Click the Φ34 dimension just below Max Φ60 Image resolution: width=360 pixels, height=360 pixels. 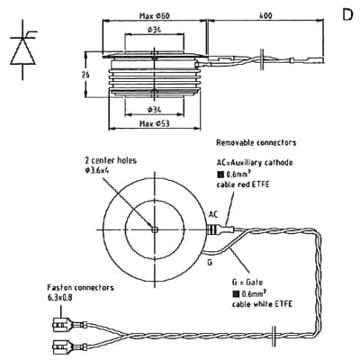(153, 32)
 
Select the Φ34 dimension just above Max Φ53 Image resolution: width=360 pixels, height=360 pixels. (154, 109)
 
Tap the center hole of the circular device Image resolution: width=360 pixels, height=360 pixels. (155, 229)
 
